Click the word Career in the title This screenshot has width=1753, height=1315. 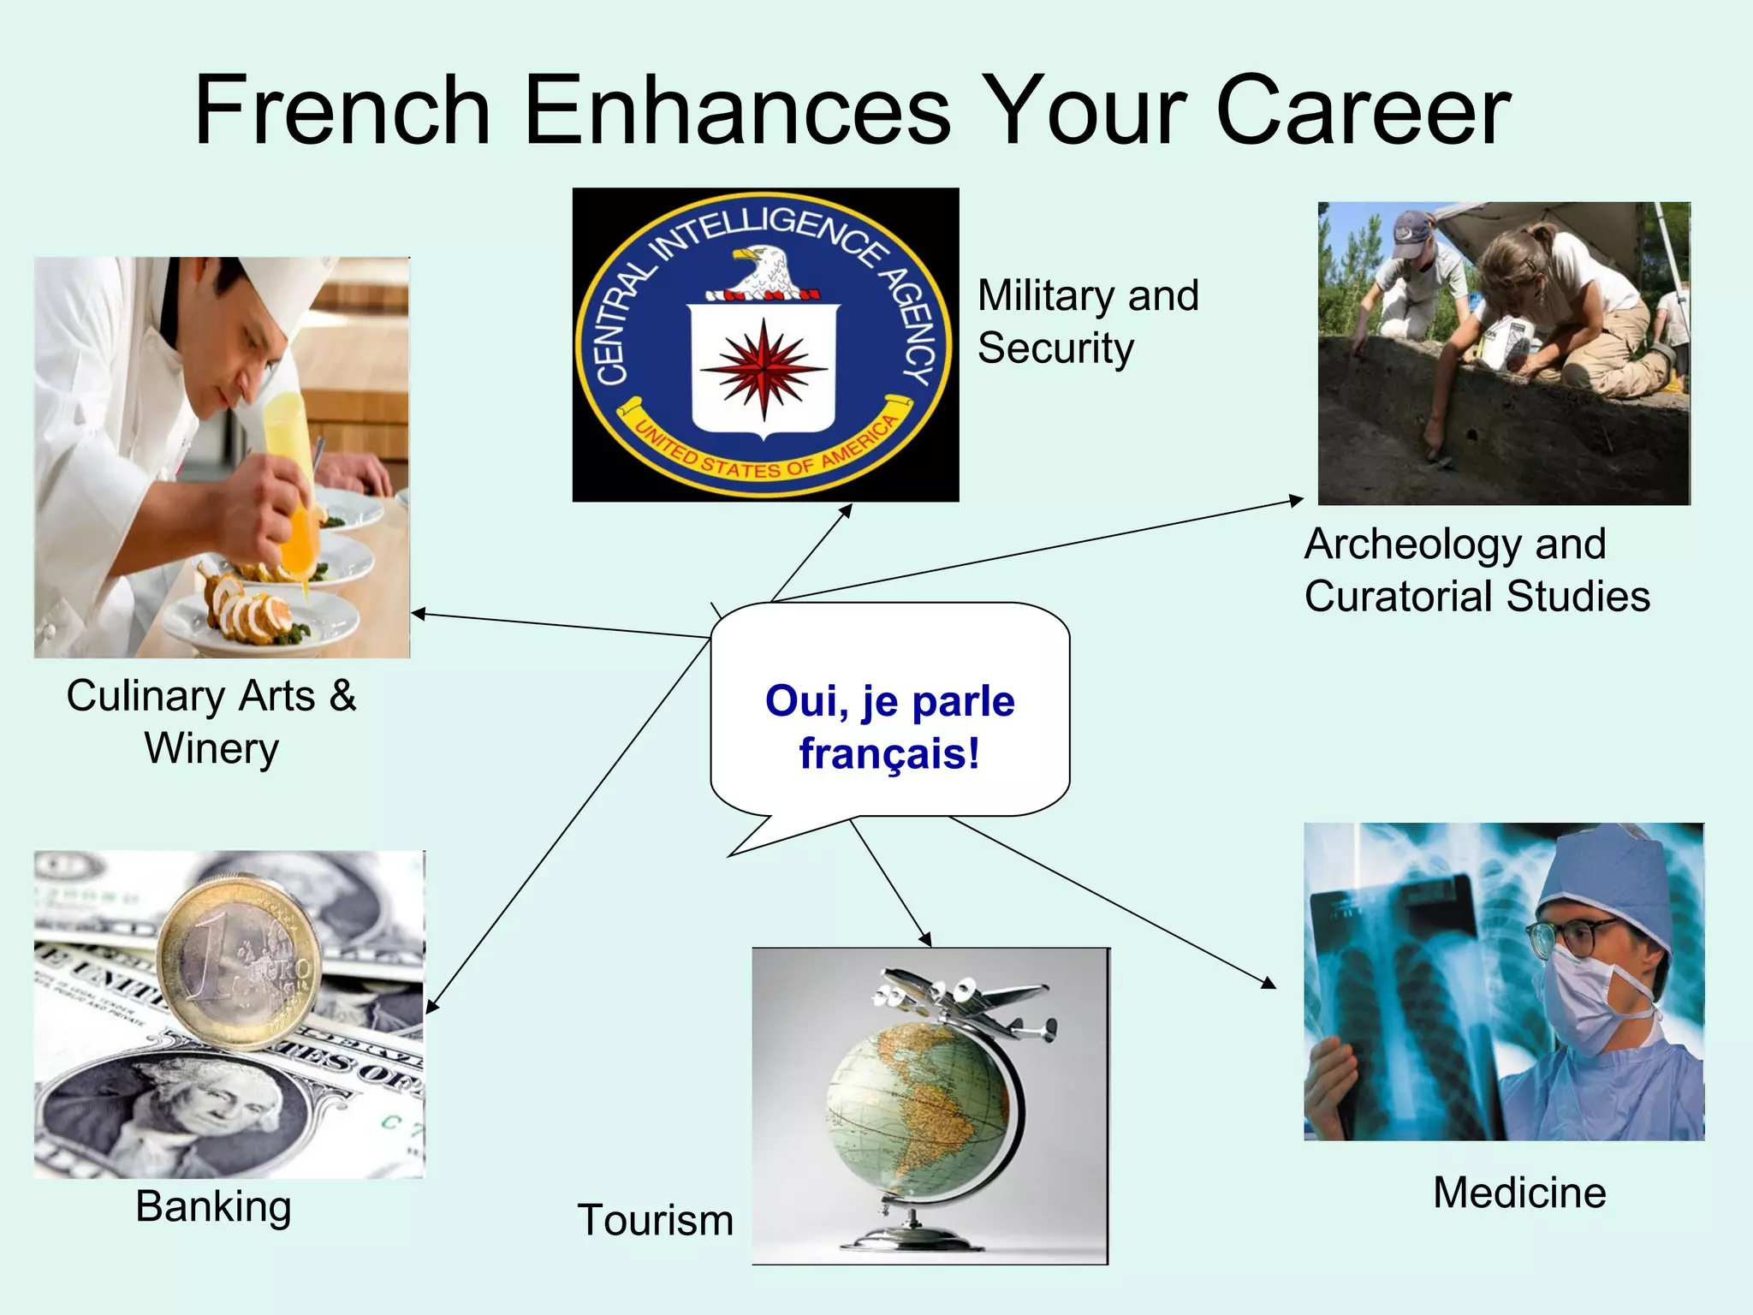[1363, 111]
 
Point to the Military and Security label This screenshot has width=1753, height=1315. [1087, 321]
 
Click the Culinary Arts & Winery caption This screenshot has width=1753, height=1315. [211, 721]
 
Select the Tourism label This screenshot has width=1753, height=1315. [656, 1219]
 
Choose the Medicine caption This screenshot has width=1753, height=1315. [1519, 1193]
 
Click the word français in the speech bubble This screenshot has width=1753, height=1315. [888, 754]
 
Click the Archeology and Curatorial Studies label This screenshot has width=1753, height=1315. [1477, 569]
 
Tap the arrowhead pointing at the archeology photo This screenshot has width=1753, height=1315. [1298, 499]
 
